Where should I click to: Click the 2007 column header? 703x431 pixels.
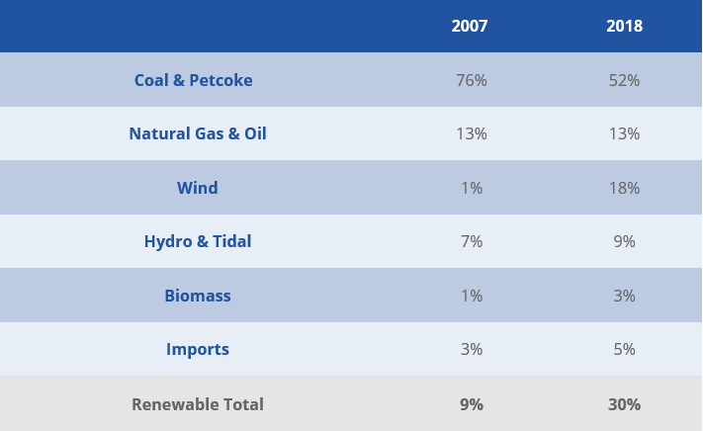click(x=470, y=26)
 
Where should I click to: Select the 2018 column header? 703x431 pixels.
click(x=624, y=26)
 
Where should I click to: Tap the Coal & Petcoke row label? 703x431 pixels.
click(x=194, y=80)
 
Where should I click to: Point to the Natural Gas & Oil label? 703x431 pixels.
click(x=198, y=133)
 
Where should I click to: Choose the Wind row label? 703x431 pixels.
click(x=198, y=188)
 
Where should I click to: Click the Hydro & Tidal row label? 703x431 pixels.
click(x=198, y=241)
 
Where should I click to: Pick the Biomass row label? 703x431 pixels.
click(x=198, y=296)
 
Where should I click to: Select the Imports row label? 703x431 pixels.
click(x=198, y=349)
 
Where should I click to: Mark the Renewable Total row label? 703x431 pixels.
click(x=198, y=404)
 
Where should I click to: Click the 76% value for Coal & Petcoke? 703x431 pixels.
click(x=472, y=80)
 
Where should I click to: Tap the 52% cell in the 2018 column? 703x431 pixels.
click(x=624, y=80)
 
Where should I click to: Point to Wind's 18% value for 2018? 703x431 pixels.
click(x=624, y=188)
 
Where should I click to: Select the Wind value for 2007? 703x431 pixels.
click(x=472, y=188)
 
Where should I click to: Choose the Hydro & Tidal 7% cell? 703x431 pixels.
click(x=472, y=241)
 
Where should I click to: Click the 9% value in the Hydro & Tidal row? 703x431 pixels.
click(x=624, y=241)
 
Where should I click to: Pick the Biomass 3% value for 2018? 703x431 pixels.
click(x=624, y=296)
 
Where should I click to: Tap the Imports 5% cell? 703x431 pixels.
click(x=624, y=349)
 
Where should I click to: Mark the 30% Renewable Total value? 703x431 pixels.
click(x=624, y=404)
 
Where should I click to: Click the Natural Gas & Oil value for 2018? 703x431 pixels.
click(x=624, y=133)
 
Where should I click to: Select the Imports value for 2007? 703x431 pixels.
click(x=472, y=349)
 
